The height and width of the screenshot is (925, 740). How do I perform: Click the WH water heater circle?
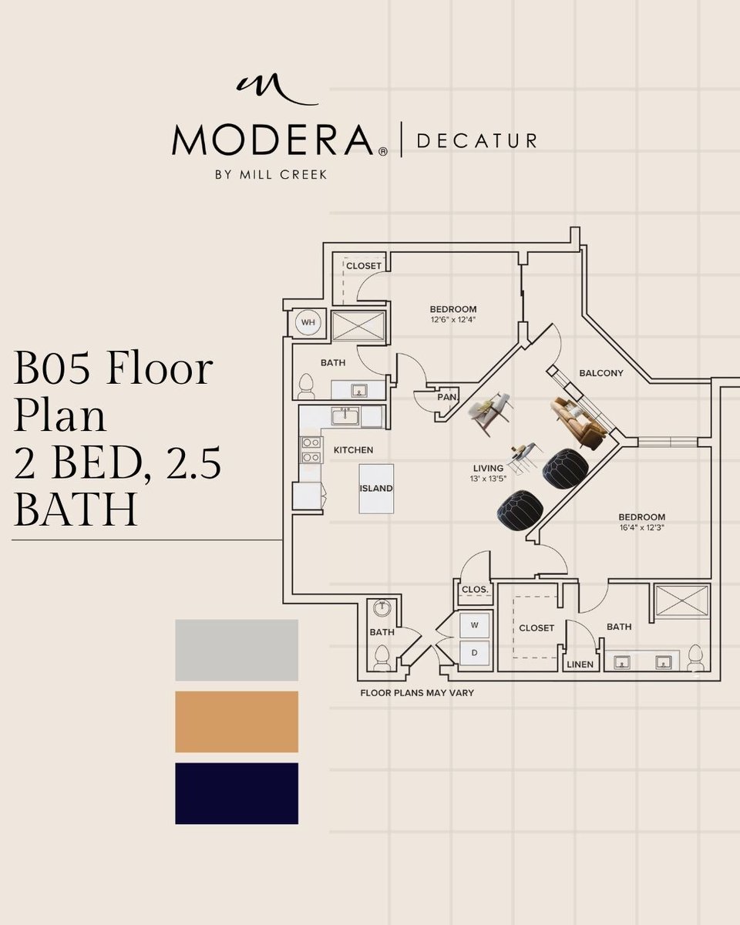pyautogui.click(x=308, y=323)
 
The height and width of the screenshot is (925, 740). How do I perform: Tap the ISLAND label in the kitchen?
pyautogui.click(x=376, y=488)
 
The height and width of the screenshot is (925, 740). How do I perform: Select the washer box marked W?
pyautogui.click(x=475, y=625)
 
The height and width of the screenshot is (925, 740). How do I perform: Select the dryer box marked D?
pyautogui.click(x=475, y=653)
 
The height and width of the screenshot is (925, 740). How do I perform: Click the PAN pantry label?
pyautogui.click(x=446, y=398)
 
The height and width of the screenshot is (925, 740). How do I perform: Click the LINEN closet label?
pyautogui.click(x=580, y=664)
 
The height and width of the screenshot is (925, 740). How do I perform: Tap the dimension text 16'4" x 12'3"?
pyautogui.click(x=641, y=530)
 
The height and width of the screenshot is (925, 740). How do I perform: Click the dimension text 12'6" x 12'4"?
pyautogui.click(x=453, y=321)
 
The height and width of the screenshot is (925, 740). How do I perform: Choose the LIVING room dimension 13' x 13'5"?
pyautogui.click(x=489, y=479)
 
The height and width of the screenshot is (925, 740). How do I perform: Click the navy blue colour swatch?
pyautogui.click(x=237, y=793)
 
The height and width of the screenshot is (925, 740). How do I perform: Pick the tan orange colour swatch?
pyautogui.click(x=237, y=721)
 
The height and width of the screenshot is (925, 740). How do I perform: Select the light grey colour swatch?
pyautogui.click(x=237, y=650)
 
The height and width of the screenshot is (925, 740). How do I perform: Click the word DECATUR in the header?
pyautogui.click(x=476, y=141)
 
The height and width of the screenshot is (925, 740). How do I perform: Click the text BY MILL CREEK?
pyautogui.click(x=271, y=175)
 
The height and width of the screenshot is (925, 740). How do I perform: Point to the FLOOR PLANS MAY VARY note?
pyautogui.click(x=417, y=693)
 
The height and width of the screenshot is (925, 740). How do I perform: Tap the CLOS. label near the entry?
pyautogui.click(x=475, y=590)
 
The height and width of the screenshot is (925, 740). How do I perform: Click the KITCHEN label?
pyautogui.click(x=353, y=449)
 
